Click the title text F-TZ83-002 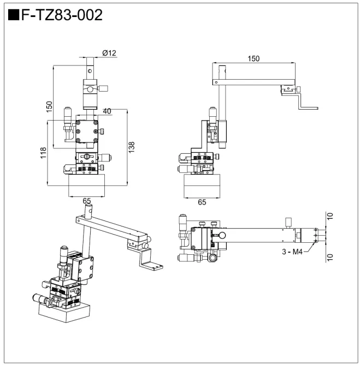coord(61,15)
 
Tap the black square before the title coord(14,15)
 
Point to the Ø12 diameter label coord(109,53)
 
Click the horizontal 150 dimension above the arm coord(253,58)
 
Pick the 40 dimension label coord(107,111)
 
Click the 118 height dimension coord(42,154)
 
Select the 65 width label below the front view coord(86,201)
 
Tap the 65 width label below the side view coord(202,201)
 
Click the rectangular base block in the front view coord(86,186)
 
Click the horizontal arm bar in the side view coord(254,82)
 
